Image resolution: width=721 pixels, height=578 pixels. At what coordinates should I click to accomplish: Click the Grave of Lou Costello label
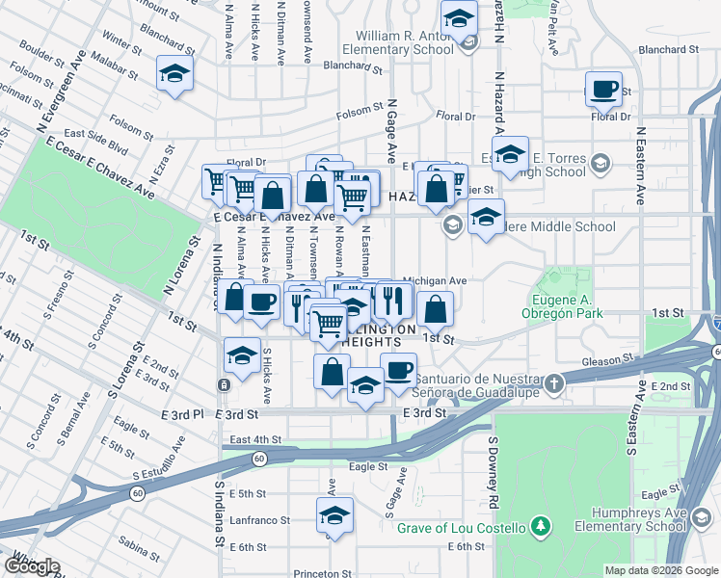(461, 528)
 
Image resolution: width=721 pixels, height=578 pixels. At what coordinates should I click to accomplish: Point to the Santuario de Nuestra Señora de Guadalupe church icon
(553, 384)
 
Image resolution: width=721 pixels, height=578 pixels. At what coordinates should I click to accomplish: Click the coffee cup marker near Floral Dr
(603, 90)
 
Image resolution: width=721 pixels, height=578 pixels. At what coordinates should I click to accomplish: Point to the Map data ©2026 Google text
(660, 570)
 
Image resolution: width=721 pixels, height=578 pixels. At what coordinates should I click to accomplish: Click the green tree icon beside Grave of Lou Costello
(541, 527)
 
